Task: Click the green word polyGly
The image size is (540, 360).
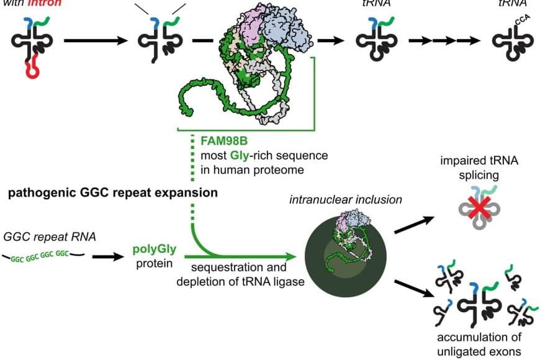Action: pos(155,250)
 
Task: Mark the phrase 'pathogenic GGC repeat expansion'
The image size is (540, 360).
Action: pos(113,192)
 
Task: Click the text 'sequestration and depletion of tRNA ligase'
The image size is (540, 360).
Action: pos(239,275)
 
